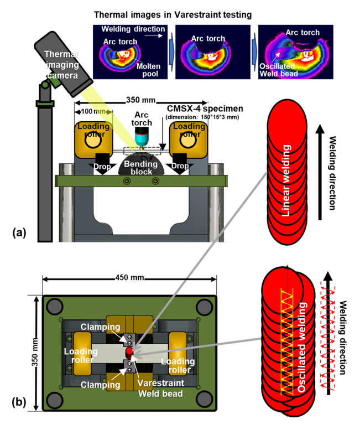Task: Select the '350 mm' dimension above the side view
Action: click(138, 102)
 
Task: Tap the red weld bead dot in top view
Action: click(129, 351)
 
